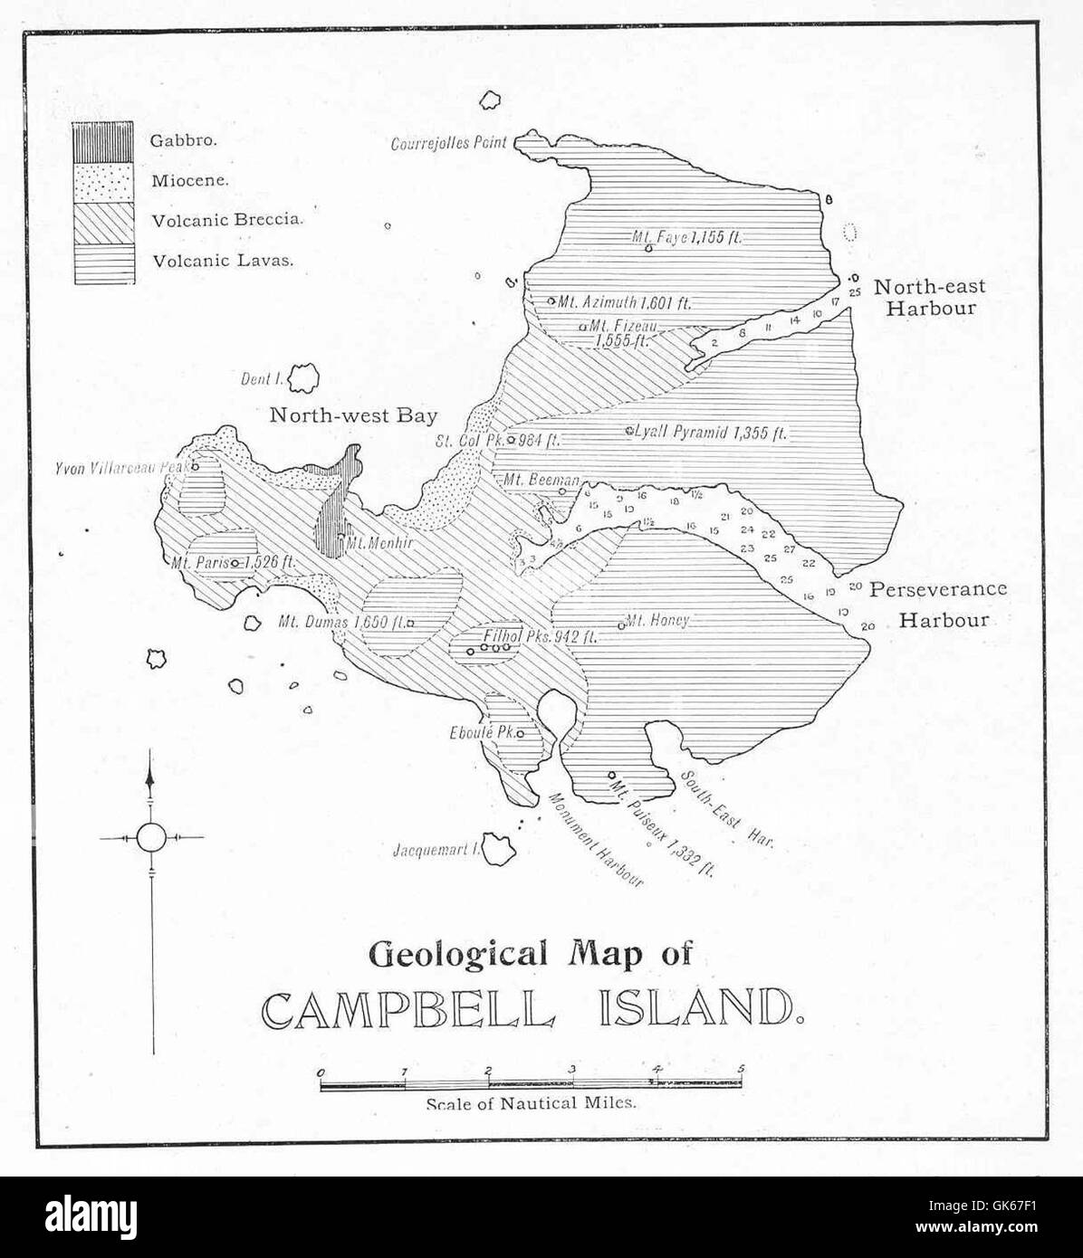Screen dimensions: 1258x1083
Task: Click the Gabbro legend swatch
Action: coord(104,141)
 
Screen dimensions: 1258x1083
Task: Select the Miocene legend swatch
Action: coord(104,181)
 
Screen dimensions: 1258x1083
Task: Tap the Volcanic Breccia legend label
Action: coord(227,220)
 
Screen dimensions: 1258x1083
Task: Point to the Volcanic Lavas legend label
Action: coord(223,261)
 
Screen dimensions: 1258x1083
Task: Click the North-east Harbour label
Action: coord(929,297)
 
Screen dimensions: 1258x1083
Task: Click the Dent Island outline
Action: coord(303,377)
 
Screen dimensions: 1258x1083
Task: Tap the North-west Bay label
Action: coord(353,415)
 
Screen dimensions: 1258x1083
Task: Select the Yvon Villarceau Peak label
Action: coord(120,469)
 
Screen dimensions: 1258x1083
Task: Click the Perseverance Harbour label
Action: coord(938,604)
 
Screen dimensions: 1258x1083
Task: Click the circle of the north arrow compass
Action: coord(151,837)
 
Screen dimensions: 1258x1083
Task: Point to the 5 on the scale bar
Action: coord(741,1069)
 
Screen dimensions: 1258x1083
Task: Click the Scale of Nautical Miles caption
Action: coord(532,1103)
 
